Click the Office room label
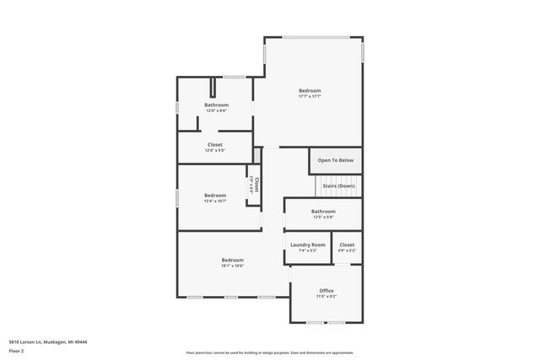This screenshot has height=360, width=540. point(327,291)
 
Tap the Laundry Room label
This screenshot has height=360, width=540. point(308,244)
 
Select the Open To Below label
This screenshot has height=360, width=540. point(336,160)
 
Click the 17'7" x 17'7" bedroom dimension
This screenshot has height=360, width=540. point(310,96)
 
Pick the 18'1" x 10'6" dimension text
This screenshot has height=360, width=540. point(232,266)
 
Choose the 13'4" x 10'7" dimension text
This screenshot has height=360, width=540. point(215,201)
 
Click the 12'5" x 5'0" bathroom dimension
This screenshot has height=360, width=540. point(323,217)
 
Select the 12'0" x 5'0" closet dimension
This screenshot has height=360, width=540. point(215,150)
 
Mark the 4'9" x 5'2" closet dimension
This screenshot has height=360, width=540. point(348,250)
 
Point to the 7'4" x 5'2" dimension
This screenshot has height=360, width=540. point(308,250)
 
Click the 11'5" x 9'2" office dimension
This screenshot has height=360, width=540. point(327,297)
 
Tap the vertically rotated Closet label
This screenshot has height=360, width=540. point(257,184)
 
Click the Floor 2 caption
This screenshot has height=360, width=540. point(17,350)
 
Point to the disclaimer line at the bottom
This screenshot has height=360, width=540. point(269,352)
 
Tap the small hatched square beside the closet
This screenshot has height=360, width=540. point(257,158)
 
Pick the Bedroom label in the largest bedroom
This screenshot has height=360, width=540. point(310,90)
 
